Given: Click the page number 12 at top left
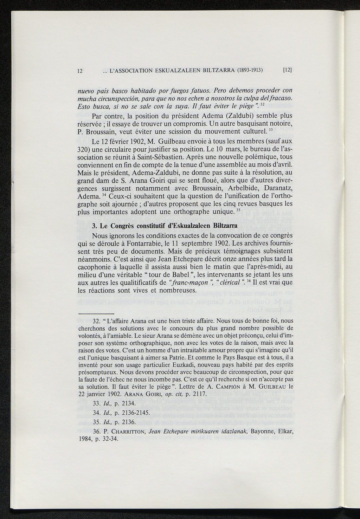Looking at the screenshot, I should click(x=80, y=70).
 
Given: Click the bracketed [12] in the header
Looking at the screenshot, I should click(x=288, y=70).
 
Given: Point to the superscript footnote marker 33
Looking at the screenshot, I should click(x=271, y=130).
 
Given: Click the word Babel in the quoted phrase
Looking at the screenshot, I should click(x=183, y=274).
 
